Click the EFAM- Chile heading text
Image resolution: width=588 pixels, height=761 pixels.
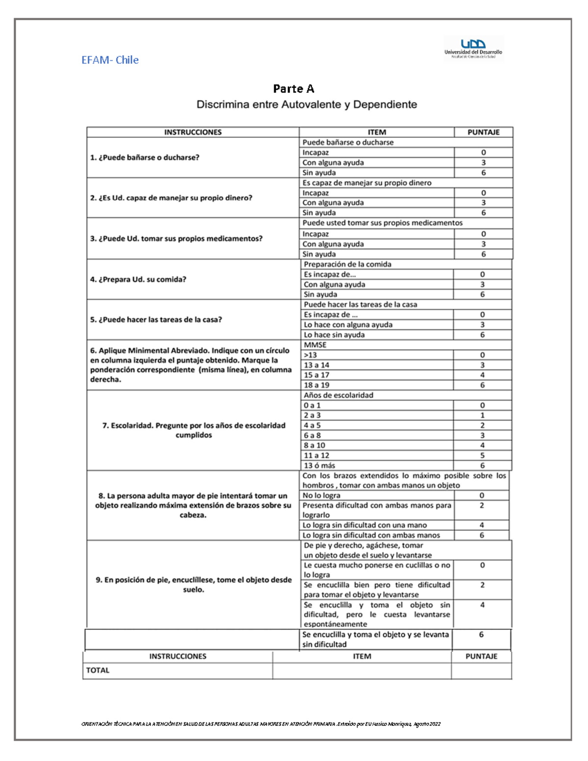click(110, 60)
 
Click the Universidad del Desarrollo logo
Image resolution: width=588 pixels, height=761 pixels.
click(473, 48)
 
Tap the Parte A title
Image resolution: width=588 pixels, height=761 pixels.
click(294, 89)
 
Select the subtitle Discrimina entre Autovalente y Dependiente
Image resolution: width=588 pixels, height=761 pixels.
click(306, 104)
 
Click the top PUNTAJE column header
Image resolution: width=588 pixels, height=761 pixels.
click(483, 132)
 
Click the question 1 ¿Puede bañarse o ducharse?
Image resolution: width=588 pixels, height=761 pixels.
click(145, 157)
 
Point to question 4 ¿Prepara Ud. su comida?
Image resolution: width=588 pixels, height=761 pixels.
click(138, 279)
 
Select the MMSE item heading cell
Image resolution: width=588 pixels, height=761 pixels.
click(315, 344)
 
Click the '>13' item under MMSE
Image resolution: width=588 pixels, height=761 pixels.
click(310, 355)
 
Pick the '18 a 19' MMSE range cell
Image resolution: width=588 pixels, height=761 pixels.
click(317, 385)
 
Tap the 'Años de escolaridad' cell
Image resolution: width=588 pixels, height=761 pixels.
click(338, 395)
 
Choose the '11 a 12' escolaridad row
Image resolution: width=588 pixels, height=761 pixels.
click(317, 455)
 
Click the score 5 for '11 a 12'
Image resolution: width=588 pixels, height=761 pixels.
click(482, 455)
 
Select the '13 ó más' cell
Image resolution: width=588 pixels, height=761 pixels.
click(319, 466)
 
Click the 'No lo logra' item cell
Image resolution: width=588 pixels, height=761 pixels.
click(321, 495)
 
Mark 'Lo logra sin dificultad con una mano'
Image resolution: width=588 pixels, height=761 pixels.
click(365, 525)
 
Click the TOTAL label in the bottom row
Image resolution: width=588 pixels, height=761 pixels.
click(98, 670)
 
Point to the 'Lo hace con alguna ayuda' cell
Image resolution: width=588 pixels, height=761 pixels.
click(348, 324)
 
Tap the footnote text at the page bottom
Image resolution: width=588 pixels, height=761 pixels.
click(261, 724)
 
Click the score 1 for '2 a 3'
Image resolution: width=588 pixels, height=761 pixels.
click(482, 415)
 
